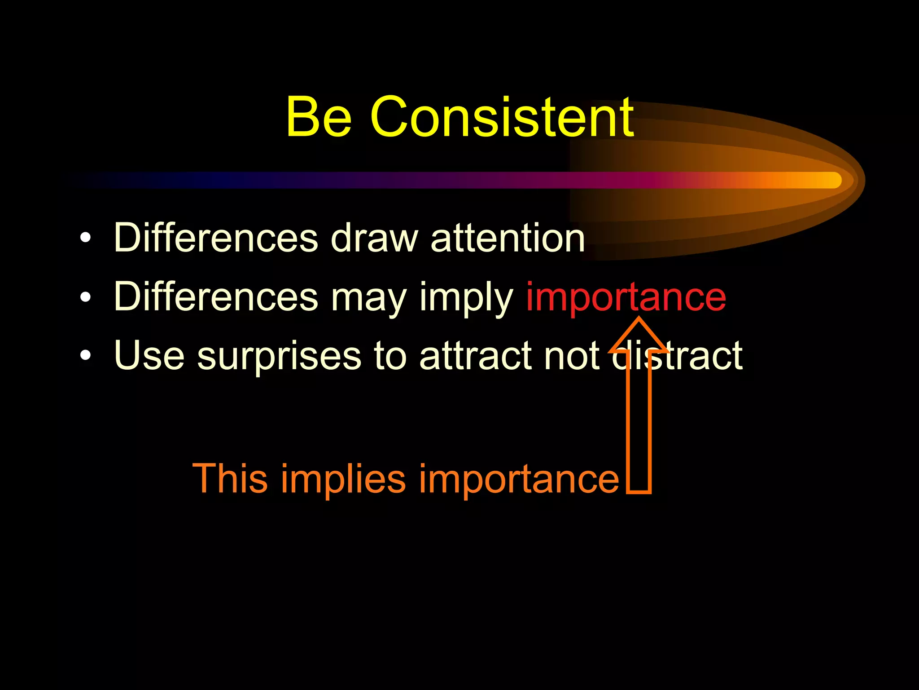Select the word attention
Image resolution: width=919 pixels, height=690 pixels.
pyautogui.click(x=508, y=238)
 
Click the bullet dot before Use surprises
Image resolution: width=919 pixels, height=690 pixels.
pyautogui.click(x=85, y=356)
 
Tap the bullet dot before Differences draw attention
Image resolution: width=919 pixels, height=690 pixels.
pyautogui.click(x=85, y=238)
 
